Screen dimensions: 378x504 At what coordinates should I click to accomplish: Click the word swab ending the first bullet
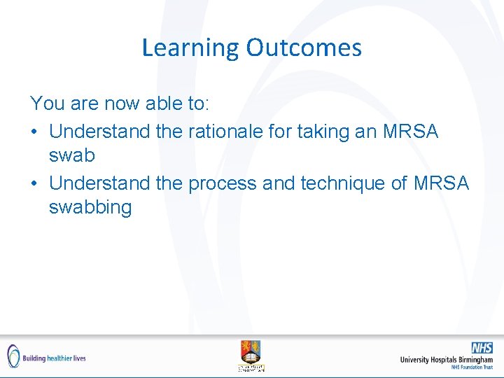71,155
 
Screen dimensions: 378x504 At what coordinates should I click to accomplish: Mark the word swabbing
90,207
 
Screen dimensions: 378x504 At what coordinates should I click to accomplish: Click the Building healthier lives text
54,358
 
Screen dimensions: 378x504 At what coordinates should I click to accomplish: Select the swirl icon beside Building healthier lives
13,356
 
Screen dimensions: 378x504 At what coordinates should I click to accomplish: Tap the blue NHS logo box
481,348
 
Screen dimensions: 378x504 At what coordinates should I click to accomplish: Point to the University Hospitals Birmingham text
446,360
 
